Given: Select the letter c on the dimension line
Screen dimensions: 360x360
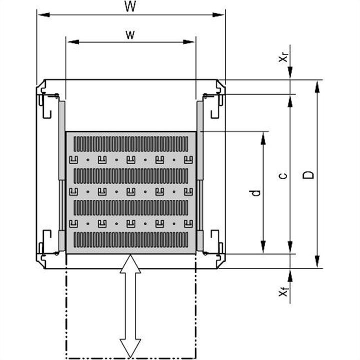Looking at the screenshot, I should pos(283,175).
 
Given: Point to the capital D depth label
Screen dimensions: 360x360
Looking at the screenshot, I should pos(310,174).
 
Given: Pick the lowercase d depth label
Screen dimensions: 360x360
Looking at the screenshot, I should pos(256,192).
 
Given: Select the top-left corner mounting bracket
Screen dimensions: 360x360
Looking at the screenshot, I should pos(48,102).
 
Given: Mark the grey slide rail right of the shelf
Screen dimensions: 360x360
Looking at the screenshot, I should pos(199,175).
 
